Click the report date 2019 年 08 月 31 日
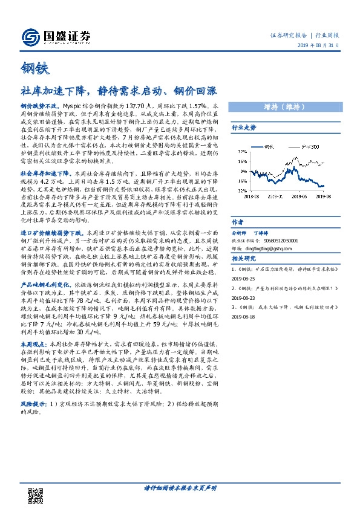click(325, 47)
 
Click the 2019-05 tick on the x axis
click(298, 196)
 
